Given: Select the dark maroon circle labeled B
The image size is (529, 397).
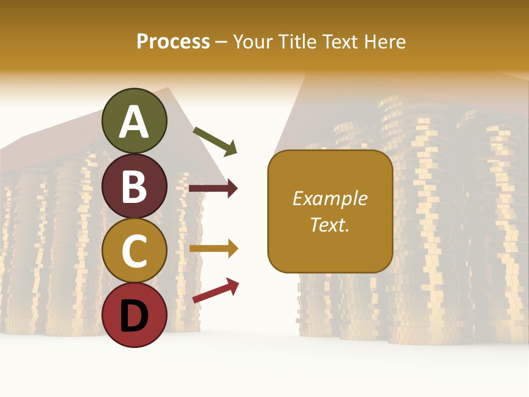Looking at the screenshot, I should tap(134, 186).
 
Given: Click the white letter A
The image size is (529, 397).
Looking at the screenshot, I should tap(134, 122).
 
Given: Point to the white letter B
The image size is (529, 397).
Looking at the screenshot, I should tap(134, 186).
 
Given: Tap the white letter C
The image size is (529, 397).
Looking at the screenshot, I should tap(134, 251).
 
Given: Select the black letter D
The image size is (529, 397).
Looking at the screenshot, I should tap(134, 316).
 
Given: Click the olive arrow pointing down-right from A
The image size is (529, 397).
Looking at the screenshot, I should tap(215, 141).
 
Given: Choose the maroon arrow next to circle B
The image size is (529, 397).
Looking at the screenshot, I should tap(213, 189).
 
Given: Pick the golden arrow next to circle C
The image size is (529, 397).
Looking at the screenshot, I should tap(213, 249).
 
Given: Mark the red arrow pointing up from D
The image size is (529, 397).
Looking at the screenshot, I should tap(215, 291).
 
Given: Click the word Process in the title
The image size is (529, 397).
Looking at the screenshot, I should tap(173, 42).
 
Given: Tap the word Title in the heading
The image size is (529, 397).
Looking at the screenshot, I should tap(296, 42).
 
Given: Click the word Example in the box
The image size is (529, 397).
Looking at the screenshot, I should tap(330, 198).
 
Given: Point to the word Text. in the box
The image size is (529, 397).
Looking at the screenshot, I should tap(330, 224).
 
